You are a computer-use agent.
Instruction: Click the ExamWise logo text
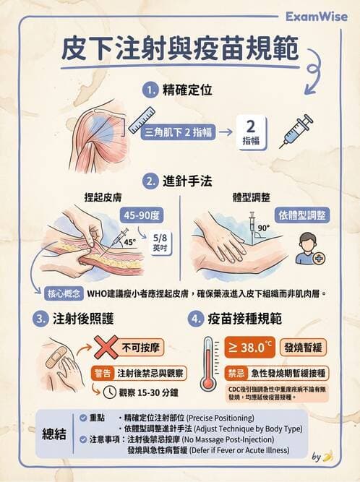316,16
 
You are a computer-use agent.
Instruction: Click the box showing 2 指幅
252,131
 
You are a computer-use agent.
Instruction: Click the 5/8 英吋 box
159,242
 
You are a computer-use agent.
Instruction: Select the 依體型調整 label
301,215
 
